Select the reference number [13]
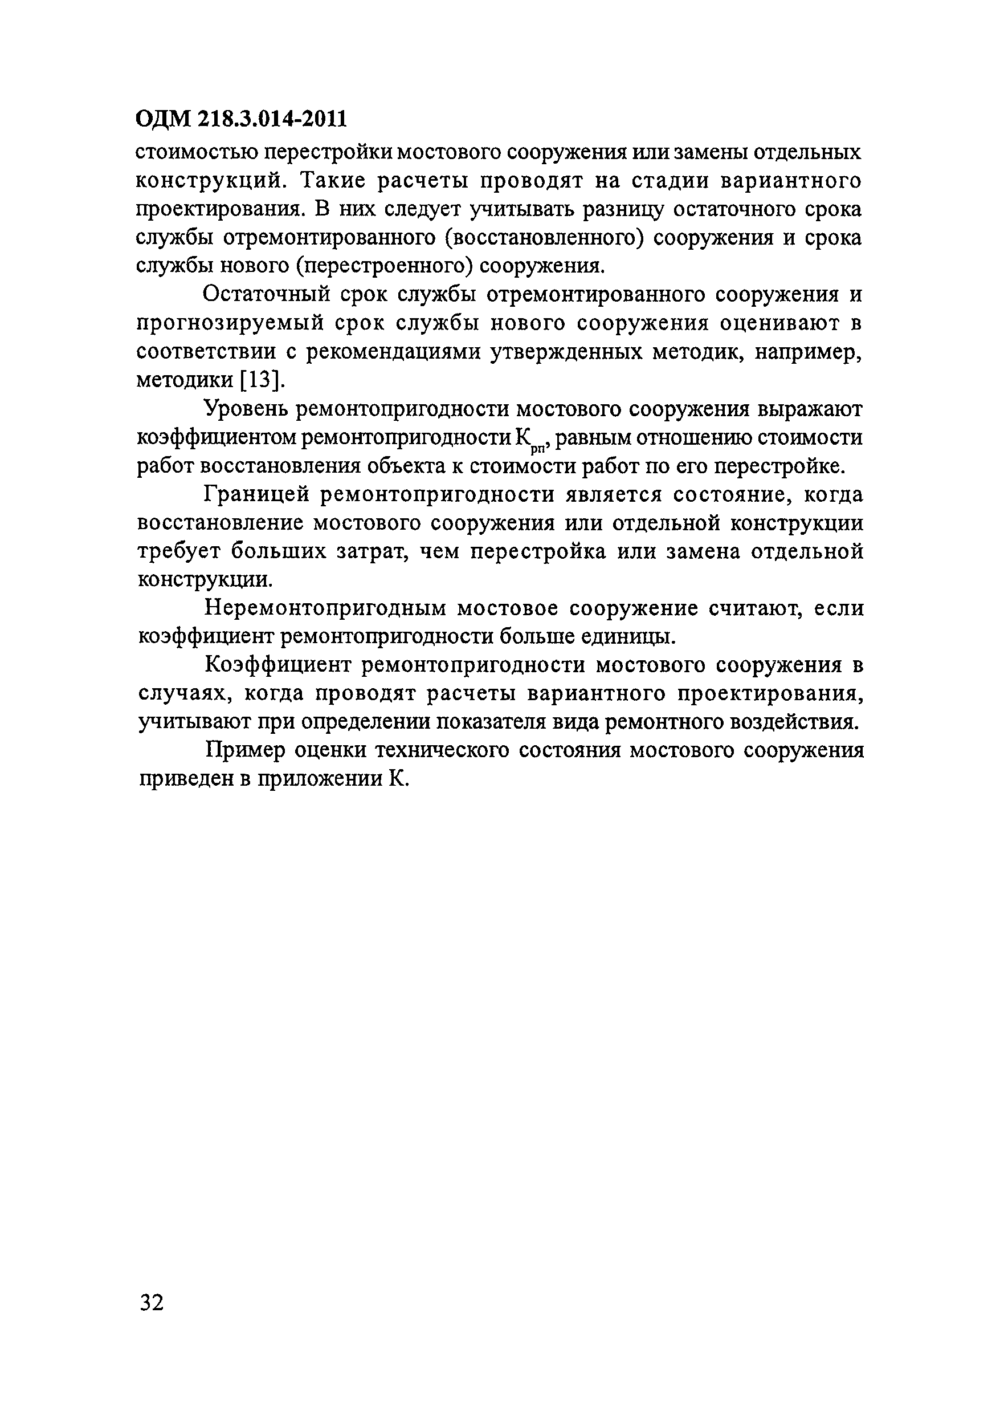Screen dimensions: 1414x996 (x=261, y=380)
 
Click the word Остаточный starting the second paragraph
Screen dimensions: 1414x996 (x=267, y=295)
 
